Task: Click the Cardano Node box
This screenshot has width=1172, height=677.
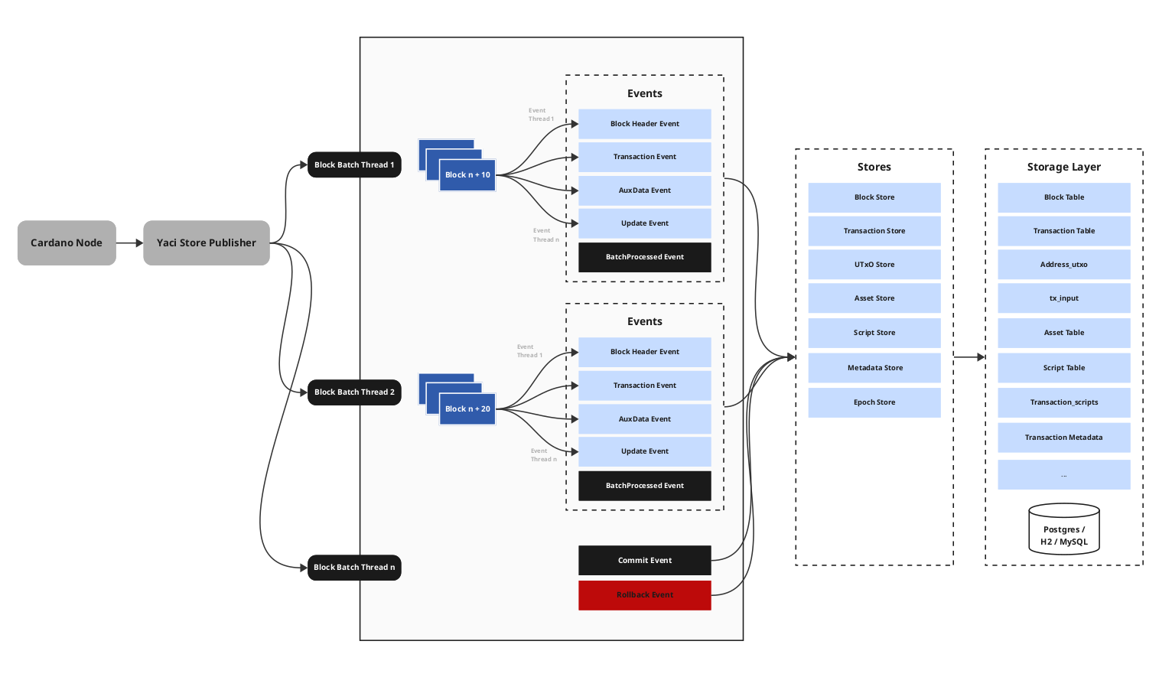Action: [67, 243]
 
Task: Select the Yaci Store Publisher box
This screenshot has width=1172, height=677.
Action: [207, 243]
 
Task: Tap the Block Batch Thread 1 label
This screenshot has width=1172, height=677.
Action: [354, 164]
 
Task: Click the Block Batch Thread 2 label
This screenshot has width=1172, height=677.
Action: [354, 392]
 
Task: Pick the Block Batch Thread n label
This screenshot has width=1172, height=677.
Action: [354, 568]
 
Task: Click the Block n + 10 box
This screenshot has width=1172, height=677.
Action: [467, 175]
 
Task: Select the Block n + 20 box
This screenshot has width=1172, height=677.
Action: [467, 409]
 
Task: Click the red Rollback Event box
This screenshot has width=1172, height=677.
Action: [644, 595]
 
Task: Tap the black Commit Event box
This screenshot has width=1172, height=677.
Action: [644, 561]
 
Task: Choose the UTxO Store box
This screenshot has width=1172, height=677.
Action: [874, 265]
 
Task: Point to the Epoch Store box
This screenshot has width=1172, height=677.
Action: [874, 402]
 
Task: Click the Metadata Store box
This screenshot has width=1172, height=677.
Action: [874, 368]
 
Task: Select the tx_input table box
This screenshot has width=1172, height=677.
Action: [1063, 298]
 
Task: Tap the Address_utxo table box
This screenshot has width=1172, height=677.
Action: [1063, 265]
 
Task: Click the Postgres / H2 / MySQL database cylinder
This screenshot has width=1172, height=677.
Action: [1063, 529]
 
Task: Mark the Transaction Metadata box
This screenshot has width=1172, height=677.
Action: [1063, 438]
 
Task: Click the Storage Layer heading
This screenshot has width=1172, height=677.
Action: [1063, 167]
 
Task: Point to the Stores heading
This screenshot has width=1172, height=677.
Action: [874, 167]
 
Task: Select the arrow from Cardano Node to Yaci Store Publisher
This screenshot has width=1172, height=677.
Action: [129, 243]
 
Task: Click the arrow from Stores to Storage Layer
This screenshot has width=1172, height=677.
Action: [969, 357]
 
